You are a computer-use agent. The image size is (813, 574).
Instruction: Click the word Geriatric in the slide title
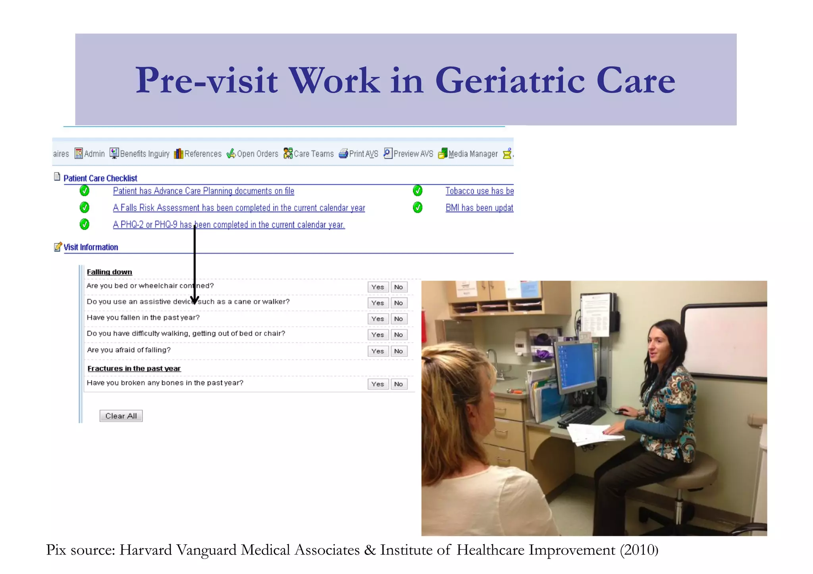[x=510, y=81]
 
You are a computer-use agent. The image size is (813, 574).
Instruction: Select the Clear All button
[x=121, y=416]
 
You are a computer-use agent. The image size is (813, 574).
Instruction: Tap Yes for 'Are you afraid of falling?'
[x=378, y=351]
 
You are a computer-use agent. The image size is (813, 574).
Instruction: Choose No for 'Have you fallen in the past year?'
[x=399, y=319]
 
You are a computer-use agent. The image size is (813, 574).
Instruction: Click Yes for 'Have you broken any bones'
[x=378, y=384]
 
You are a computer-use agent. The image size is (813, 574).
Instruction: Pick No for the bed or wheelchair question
[x=399, y=287]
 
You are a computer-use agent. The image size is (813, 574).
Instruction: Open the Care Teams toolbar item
[x=309, y=154]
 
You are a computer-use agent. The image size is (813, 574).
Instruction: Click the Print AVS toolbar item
[x=358, y=154]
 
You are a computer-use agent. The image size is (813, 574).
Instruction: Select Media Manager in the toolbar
[x=468, y=154]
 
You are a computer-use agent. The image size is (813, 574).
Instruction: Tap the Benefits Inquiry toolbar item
[x=140, y=154]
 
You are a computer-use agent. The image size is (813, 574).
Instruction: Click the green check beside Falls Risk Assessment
[x=85, y=207]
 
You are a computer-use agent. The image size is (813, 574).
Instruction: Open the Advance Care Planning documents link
[x=203, y=191]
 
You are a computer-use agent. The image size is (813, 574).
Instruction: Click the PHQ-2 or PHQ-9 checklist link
[x=229, y=225]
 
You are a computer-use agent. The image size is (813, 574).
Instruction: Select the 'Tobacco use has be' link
[x=479, y=191]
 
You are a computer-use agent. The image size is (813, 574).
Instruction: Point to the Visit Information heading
[x=91, y=248]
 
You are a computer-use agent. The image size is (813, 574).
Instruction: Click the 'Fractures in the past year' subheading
[x=134, y=369]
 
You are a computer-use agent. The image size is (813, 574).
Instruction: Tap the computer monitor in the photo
[x=575, y=367]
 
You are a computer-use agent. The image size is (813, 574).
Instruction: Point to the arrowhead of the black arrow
[x=195, y=301]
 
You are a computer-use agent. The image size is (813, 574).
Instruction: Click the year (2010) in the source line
[x=639, y=550]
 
